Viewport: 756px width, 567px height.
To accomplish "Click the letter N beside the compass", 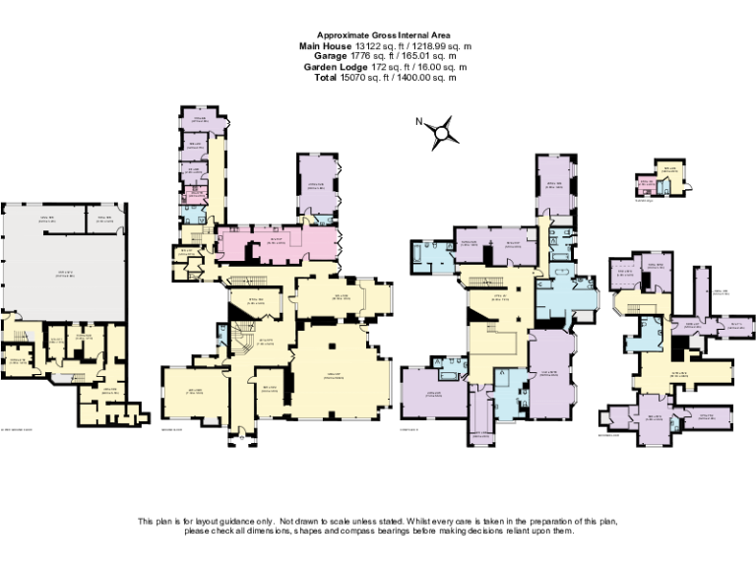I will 418,122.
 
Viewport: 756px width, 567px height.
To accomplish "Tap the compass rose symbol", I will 446,131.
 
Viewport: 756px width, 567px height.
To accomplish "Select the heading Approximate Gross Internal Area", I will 377,35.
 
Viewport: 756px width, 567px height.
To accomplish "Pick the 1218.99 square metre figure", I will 427,46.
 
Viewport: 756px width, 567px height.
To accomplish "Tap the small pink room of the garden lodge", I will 646,184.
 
